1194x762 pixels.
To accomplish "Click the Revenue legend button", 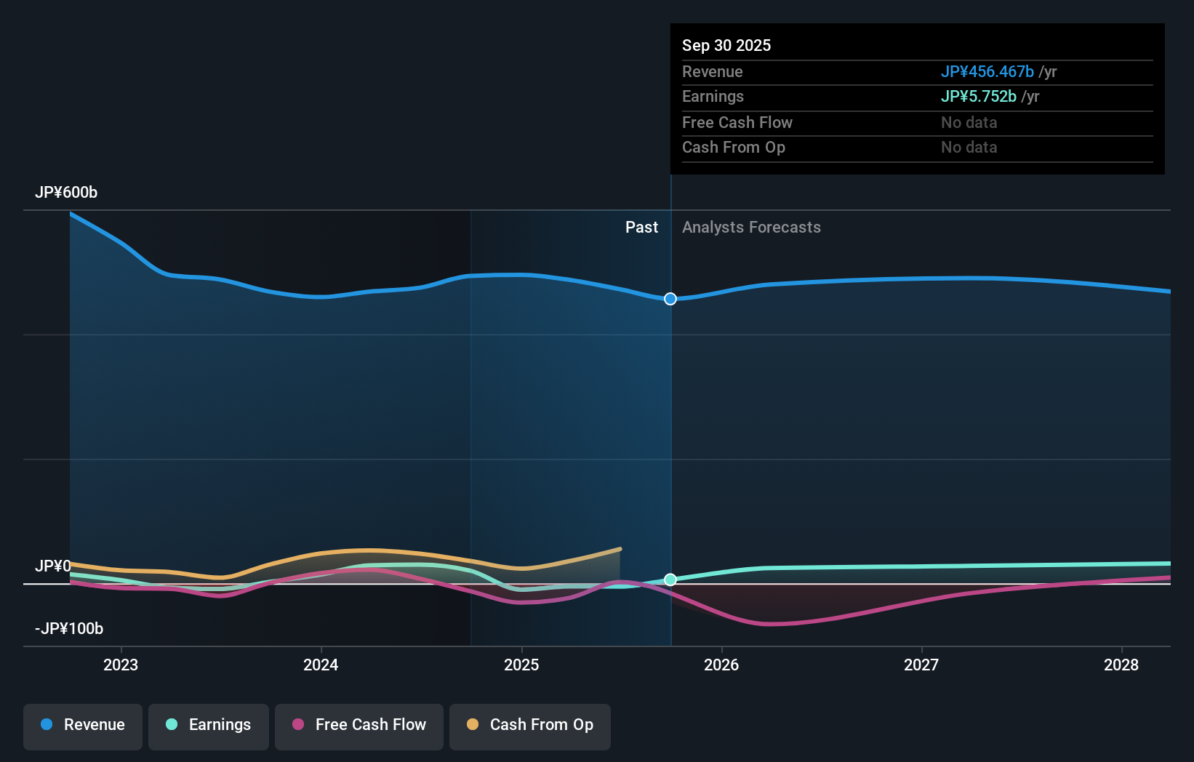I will pos(83,725).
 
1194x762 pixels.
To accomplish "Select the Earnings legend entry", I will pos(209,725).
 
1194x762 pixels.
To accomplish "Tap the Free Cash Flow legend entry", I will pos(359,725).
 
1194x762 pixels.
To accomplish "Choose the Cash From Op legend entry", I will pos(530,725).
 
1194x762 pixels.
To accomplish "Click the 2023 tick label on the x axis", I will pos(121,665).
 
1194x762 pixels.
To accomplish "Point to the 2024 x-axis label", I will pos(321,665).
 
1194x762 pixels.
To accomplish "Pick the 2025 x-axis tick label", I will pos(521,665).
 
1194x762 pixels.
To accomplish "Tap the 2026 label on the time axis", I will pos(721,665).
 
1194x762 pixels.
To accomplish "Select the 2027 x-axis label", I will pos(921,665).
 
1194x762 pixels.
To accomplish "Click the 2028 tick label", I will pos(1121,665).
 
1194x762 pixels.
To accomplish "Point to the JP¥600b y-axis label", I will pos(66,193).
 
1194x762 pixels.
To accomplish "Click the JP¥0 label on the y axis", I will pos(53,566).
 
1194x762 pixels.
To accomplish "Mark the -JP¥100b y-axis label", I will pos(69,629).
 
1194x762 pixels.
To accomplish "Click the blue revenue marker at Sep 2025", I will pos(670,299).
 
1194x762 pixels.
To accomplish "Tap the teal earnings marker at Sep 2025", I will pos(670,579).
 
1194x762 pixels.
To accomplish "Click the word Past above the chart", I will pos(641,228).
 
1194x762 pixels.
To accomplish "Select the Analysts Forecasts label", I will pos(751,228).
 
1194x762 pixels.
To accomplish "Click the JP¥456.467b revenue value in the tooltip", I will pos(987,72).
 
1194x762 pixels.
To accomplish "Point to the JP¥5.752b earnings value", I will pos(978,97).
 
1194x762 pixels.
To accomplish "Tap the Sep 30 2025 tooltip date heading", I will pos(726,46).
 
